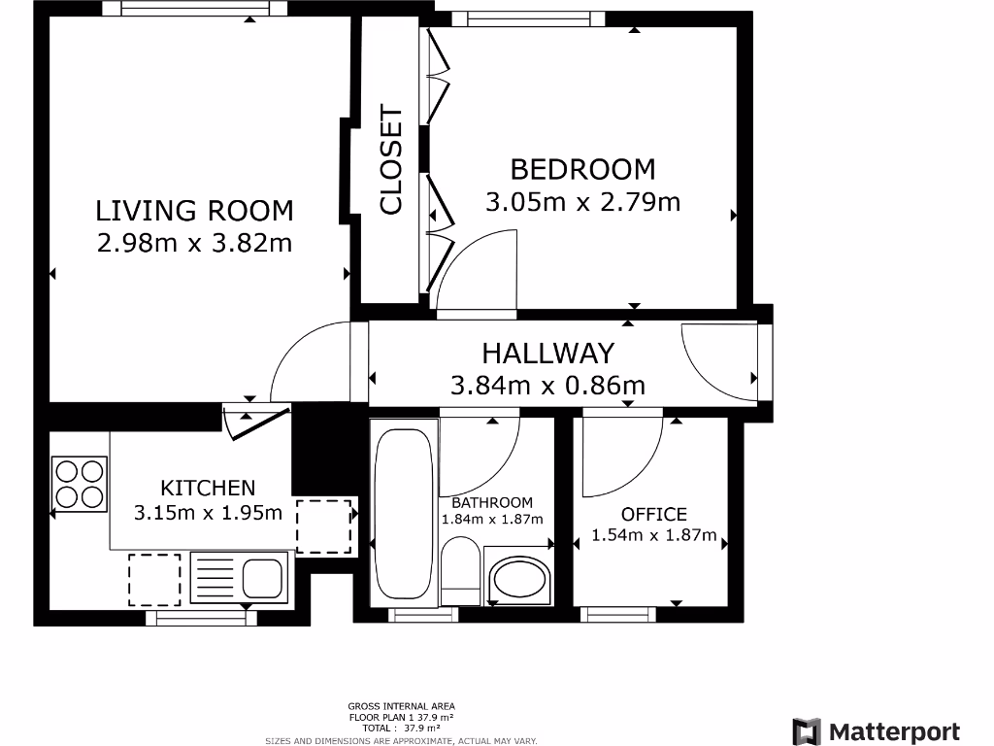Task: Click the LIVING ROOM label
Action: (x=194, y=211)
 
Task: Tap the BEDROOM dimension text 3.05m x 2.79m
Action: (x=583, y=202)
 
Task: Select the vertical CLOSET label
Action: (x=391, y=160)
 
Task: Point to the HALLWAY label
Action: (x=548, y=354)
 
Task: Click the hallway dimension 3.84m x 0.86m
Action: (x=547, y=385)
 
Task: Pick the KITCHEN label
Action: (x=208, y=488)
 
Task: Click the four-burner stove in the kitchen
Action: (x=80, y=484)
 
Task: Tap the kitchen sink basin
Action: (x=262, y=578)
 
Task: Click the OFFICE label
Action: (x=653, y=514)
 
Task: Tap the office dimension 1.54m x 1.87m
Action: (x=653, y=535)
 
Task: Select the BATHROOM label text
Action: (x=492, y=503)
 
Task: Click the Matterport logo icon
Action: (x=807, y=731)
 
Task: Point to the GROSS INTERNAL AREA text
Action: (x=401, y=706)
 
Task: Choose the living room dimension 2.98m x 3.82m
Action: (x=194, y=244)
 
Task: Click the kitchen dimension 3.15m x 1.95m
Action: (x=208, y=513)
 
